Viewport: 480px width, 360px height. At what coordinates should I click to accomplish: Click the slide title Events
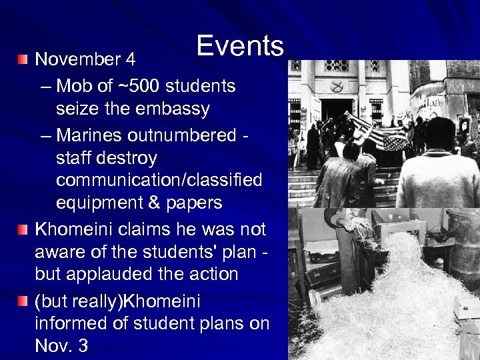[x=240, y=46]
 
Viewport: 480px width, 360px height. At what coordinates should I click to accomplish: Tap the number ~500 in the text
[x=134, y=86]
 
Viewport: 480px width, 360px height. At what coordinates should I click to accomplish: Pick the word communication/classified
[x=159, y=181]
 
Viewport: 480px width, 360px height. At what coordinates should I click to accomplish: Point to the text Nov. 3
[x=61, y=347]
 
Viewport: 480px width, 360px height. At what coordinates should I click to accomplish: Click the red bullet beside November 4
[x=23, y=60]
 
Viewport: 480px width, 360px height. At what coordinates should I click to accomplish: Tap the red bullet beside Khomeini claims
[x=23, y=230]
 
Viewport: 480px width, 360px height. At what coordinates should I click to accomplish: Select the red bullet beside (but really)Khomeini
[x=23, y=302]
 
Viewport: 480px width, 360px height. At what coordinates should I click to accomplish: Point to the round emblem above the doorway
[x=337, y=87]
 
